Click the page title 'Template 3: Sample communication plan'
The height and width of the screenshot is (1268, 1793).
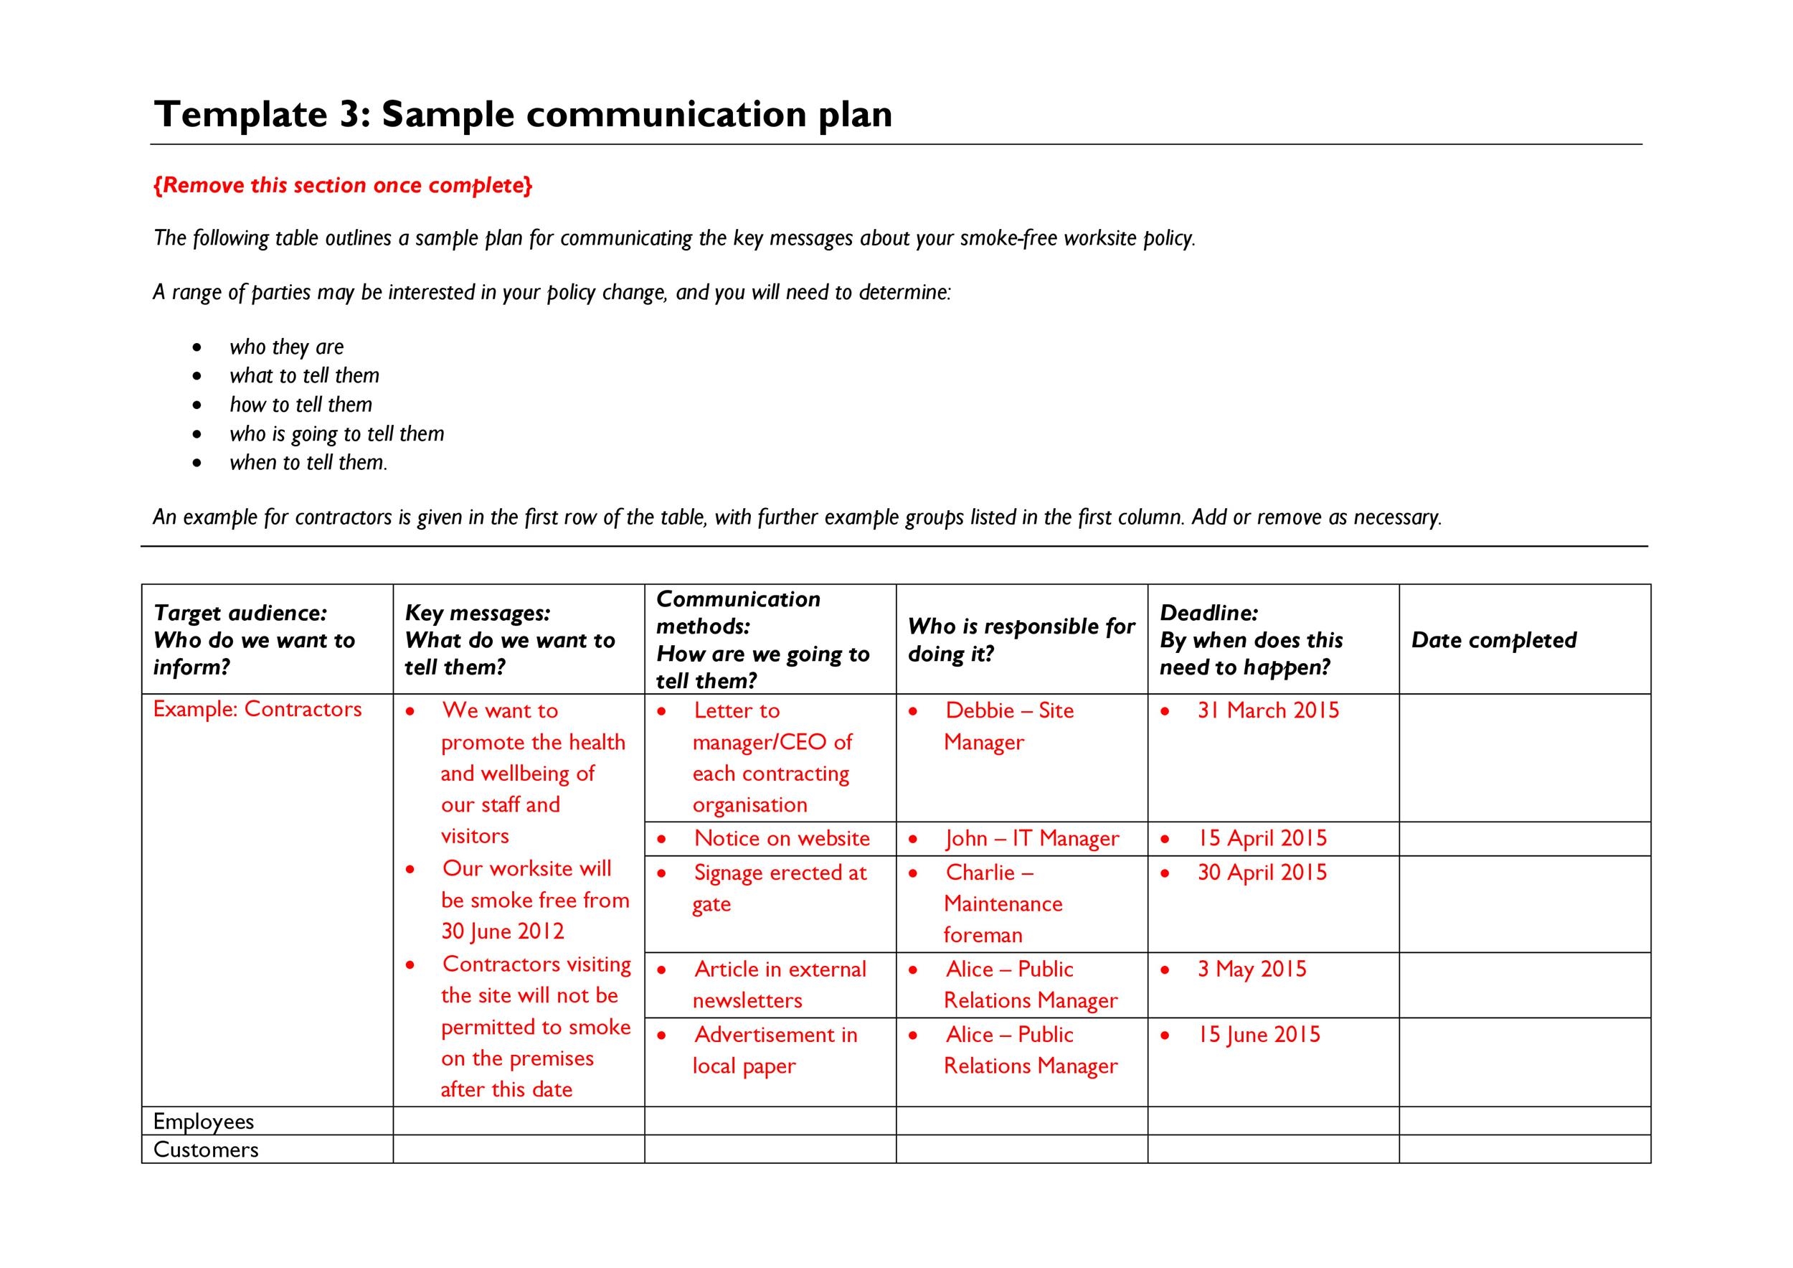click(524, 114)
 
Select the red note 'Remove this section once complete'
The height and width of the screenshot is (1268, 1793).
click(343, 185)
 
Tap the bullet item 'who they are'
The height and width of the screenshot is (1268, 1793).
click(286, 347)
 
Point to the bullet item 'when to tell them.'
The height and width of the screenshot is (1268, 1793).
click(308, 463)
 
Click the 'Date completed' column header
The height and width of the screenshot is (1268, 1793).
click(1493, 640)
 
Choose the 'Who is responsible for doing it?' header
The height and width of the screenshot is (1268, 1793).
click(1021, 640)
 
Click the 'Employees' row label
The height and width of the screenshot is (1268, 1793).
click(204, 1121)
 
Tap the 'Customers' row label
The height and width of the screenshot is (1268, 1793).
click(206, 1150)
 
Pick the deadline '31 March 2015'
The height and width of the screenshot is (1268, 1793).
click(1268, 710)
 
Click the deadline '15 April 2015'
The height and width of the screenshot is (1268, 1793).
click(1262, 838)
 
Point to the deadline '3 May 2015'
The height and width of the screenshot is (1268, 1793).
click(1252, 969)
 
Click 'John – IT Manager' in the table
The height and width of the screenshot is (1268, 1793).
click(1031, 838)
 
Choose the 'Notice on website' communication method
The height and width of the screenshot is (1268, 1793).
click(782, 838)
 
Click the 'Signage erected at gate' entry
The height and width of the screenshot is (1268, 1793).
click(780, 888)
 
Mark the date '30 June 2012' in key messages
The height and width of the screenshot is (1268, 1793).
click(502, 931)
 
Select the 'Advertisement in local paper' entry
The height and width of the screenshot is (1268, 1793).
click(775, 1050)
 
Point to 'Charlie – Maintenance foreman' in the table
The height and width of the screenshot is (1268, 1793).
click(1003, 903)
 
